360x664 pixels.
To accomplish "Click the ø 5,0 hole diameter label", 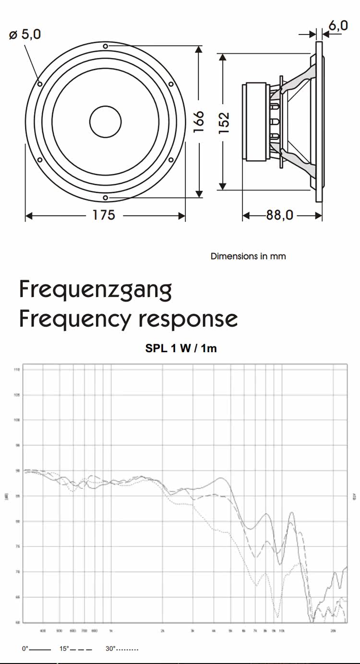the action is coord(25,35).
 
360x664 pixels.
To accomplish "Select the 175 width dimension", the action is coord(104,215).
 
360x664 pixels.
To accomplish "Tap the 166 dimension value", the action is coord(199,121).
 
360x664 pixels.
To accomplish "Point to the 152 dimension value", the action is coord(225,122).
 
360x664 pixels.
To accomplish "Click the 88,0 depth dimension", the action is coord(280,215).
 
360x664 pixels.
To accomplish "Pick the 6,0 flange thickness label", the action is coord(338,25).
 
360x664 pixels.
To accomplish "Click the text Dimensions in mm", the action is coord(248,256).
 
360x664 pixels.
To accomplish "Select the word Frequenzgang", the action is coord(95,290).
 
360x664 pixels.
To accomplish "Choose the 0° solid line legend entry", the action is coord(36,649).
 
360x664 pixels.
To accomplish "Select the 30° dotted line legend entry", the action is coord(122,649).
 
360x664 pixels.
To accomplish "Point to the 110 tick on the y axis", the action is coord(17,370).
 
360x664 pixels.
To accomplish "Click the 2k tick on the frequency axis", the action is coord(162,630).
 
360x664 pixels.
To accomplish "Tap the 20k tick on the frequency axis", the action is coord(332,630).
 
